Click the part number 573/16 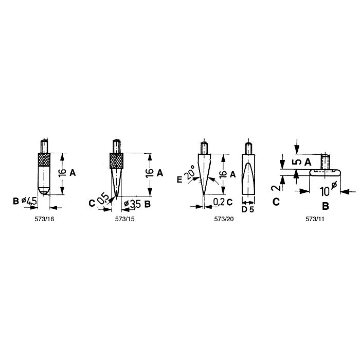point(44,219)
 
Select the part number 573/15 point(124,219)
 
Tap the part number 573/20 point(224,219)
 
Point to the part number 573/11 point(315,219)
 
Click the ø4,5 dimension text point(29,202)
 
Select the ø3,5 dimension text point(132,204)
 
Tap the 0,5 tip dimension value point(103,199)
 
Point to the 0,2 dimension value point(219,202)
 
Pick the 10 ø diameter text point(328,189)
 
